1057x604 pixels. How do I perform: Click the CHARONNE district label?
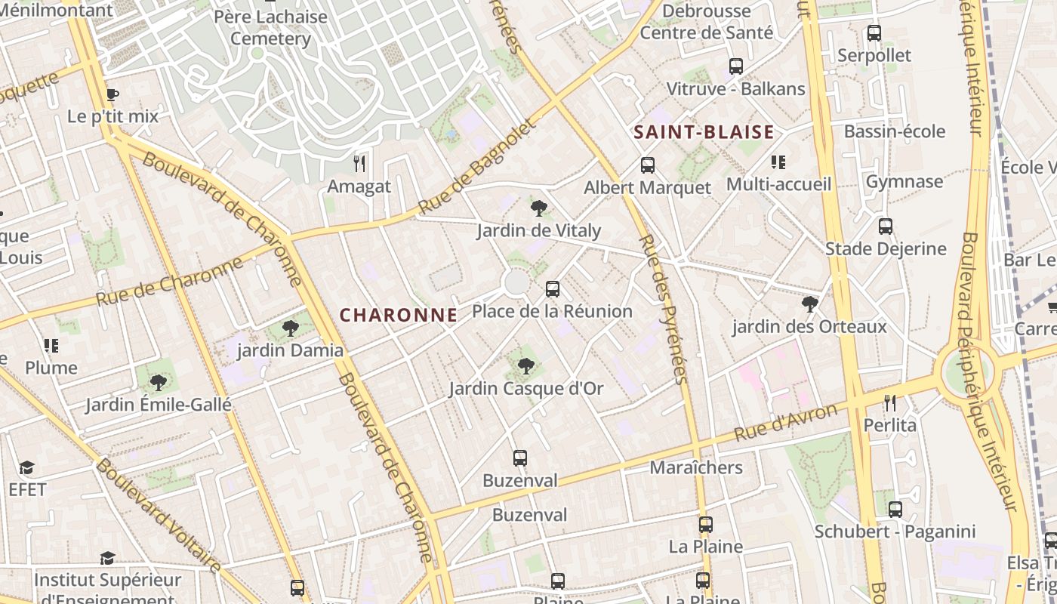[399, 316]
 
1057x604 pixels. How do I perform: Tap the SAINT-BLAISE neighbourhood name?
[704, 133]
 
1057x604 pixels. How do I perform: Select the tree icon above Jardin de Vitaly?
[538, 208]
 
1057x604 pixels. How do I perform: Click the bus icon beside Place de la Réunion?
[553, 288]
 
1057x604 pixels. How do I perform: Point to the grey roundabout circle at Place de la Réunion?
[516, 283]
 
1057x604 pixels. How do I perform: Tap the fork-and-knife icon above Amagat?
[359, 163]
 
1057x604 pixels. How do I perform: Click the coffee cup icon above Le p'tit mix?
[112, 94]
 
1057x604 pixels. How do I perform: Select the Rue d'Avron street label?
[786, 422]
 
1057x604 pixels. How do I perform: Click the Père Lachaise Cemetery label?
[270, 27]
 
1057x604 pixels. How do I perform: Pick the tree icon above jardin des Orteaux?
[810, 304]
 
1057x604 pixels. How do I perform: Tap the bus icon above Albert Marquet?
[648, 165]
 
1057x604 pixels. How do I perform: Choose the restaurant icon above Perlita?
[890, 402]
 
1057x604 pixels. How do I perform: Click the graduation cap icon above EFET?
[27, 468]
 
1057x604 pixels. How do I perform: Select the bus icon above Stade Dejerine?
[886, 226]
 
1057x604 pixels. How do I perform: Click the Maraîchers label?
[696, 468]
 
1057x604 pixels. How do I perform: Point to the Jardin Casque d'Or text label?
[526, 389]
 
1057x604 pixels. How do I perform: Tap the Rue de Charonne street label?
[169, 282]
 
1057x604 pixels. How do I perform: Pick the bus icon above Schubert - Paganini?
[895, 510]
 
